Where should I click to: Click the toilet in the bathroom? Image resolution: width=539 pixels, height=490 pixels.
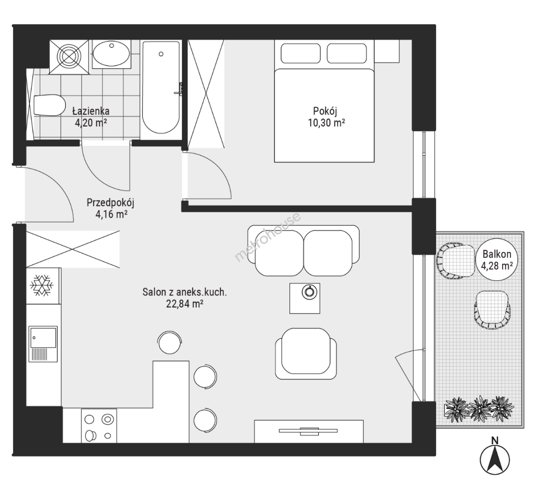(49, 105)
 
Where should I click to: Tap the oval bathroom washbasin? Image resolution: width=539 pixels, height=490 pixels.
(111, 54)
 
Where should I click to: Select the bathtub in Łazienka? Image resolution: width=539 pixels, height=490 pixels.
(161, 88)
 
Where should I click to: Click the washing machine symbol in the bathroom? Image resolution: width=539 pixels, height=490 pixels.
(69, 57)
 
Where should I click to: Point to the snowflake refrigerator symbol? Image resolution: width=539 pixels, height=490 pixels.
(42, 285)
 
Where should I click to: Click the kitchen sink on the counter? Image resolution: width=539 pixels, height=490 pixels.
(43, 344)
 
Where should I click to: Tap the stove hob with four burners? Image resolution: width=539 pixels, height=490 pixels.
(99, 426)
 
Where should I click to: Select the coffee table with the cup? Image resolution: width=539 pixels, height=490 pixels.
(304, 298)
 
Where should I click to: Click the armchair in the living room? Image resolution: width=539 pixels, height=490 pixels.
(306, 353)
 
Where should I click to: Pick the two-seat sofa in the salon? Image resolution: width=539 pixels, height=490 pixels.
(304, 250)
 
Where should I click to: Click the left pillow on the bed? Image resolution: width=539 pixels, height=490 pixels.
(301, 53)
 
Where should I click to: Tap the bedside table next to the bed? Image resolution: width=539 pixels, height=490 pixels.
(387, 51)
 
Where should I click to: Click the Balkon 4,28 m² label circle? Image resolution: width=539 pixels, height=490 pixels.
(497, 260)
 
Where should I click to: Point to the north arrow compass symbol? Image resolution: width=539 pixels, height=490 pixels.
(495, 458)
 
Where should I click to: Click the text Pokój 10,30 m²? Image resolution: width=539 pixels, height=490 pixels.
(326, 117)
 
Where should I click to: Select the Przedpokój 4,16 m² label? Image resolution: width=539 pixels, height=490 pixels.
(110, 208)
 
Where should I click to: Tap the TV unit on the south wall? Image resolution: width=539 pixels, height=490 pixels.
(309, 431)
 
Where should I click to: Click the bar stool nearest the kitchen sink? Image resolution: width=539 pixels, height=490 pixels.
(170, 342)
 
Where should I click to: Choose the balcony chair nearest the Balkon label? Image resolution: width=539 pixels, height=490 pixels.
(455, 260)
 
